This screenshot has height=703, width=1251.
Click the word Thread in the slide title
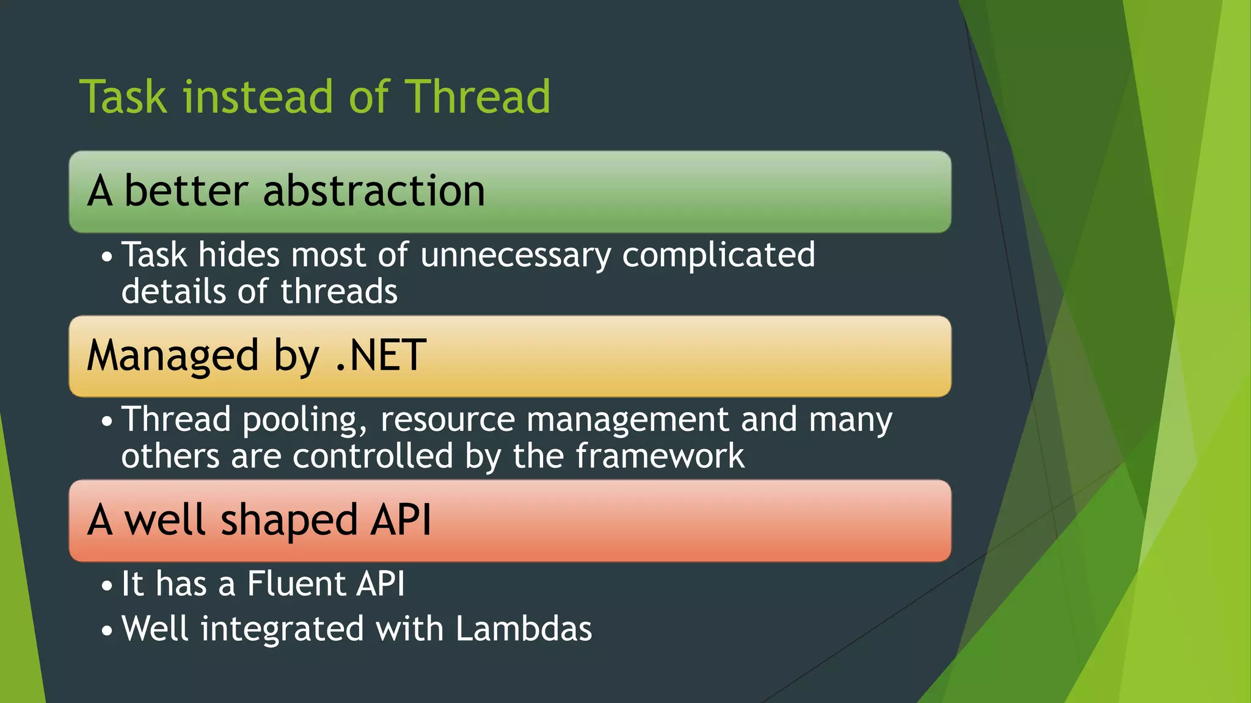478,97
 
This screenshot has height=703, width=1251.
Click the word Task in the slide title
123,97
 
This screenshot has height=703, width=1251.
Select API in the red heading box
401,520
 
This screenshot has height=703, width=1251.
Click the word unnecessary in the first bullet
516,255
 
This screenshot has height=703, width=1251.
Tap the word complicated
718,255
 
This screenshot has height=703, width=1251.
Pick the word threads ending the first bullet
339,292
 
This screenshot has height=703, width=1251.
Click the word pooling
305,420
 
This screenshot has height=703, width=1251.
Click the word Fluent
296,584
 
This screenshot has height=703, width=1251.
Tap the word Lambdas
523,629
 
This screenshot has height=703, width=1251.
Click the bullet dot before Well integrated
107,631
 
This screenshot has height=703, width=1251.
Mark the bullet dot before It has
107,586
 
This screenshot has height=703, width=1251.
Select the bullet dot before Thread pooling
107,422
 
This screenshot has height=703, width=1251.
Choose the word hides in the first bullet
239,255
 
